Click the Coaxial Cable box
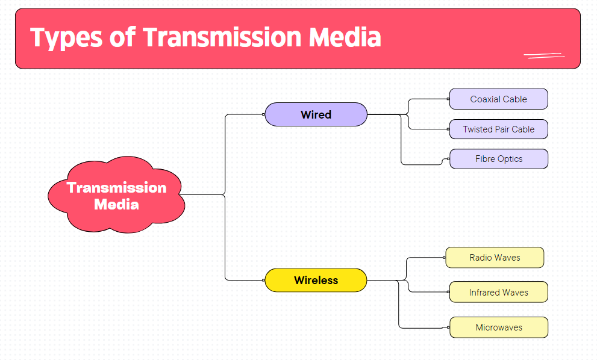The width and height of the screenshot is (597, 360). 498,99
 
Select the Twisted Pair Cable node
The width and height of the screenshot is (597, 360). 498,129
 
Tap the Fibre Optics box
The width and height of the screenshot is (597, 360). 498,159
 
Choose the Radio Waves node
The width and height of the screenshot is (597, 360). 495,257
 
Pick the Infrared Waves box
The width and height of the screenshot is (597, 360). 498,293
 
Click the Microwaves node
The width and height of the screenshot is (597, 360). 498,327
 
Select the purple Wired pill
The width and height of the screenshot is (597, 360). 316,114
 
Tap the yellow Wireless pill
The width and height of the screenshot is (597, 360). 316,281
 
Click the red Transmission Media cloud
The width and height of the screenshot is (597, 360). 116,196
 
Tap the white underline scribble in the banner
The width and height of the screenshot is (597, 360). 544,56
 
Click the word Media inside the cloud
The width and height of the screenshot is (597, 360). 116,205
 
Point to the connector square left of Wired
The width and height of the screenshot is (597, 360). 264,114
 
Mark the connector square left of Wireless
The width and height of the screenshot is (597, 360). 264,281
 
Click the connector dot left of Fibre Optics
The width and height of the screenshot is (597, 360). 449,159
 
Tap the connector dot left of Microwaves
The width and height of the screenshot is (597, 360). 449,327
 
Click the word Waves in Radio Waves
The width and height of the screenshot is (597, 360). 507,257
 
